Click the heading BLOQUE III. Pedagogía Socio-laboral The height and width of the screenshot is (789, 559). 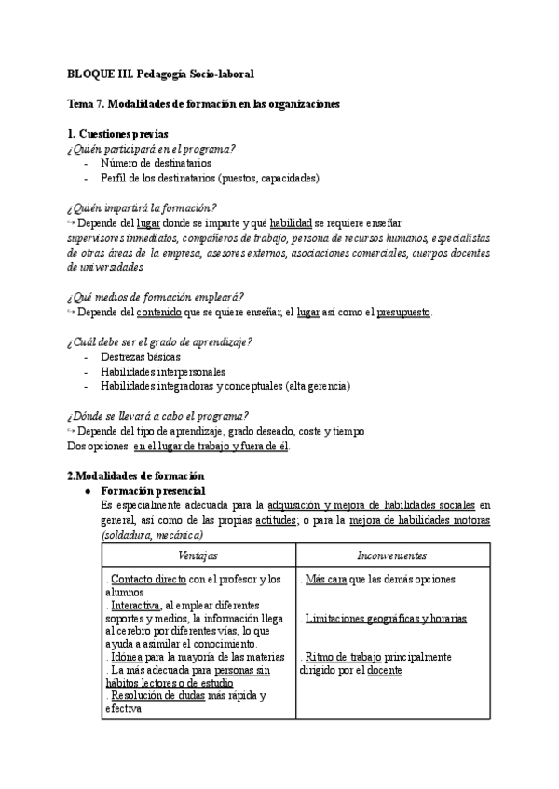point(160,73)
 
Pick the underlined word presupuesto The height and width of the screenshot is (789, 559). point(403,312)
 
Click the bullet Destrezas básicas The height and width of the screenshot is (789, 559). point(141,356)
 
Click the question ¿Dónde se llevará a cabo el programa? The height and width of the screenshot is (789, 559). point(157,416)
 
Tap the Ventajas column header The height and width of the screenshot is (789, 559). point(198,555)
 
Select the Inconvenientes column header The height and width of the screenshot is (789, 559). point(391,555)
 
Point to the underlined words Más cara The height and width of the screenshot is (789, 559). point(323,579)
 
